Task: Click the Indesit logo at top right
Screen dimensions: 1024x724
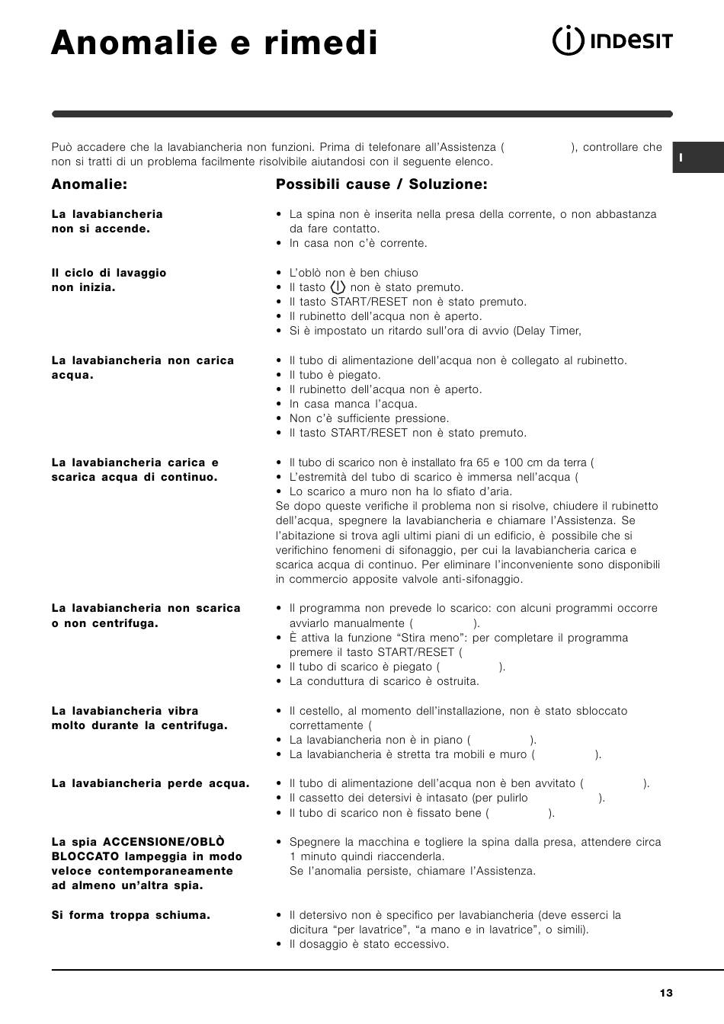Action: pyautogui.click(x=612, y=41)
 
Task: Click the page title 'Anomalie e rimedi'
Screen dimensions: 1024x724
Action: pyautogui.click(x=214, y=43)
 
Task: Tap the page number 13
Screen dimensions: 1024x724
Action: pyautogui.click(x=667, y=993)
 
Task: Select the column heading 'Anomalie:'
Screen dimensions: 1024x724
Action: pyautogui.click(x=89, y=184)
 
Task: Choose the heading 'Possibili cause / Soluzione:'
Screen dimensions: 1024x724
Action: pyautogui.click(x=381, y=184)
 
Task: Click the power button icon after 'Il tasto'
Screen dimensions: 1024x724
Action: pyautogui.click(x=338, y=287)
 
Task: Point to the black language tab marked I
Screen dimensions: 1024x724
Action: pyautogui.click(x=697, y=158)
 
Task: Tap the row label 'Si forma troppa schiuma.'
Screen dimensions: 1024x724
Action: pyautogui.click(x=130, y=915)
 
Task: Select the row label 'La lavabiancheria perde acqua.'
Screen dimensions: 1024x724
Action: pyautogui.click(x=150, y=783)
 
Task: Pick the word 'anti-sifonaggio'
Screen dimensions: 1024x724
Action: pyautogui.click(x=483, y=579)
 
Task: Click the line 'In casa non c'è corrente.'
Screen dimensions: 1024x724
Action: pyautogui.click(x=358, y=243)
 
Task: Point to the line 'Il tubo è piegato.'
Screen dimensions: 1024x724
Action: pyautogui.click(x=335, y=375)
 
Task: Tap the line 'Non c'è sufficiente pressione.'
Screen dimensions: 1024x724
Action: pyautogui.click(x=369, y=418)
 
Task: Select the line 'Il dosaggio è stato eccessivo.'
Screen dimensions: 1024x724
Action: pyautogui.click(x=369, y=944)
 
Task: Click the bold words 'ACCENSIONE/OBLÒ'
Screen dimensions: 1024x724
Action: pyautogui.click(x=164, y=842)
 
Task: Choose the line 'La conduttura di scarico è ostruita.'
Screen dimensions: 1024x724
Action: pyautogui.click(x=384, y=681)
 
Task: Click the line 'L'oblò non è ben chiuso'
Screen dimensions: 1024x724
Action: pyautogui.click(x=354, y=273)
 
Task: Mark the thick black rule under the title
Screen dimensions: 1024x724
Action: pyautogui.click(x=362, y=114)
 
